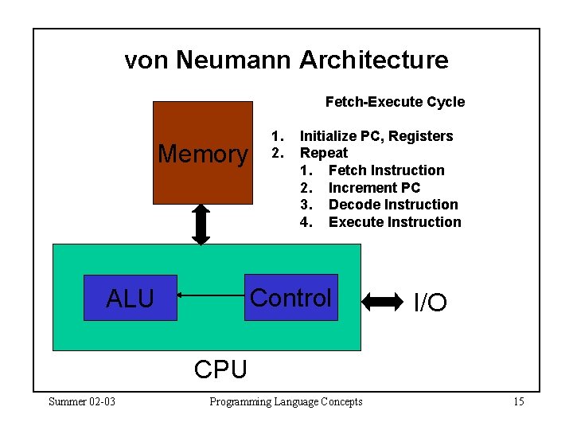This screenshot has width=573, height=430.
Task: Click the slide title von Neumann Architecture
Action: (286, 60)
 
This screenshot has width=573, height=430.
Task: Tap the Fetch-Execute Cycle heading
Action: (395, 102)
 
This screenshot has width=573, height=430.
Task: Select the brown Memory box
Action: (202, 151)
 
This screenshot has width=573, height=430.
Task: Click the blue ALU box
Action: (131, 298)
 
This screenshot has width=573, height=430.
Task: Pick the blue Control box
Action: (290, 298)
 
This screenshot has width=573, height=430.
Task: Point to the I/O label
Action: (430, 303)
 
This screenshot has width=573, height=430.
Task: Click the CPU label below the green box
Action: (220, 369)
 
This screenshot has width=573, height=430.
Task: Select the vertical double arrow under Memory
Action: (201, 224)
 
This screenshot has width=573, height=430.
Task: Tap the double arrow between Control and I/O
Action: (383, 301)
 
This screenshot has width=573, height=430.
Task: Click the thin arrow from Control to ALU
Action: (210, 295)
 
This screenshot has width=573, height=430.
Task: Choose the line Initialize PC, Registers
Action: (376, 136)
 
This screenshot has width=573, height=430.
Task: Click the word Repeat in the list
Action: (323, 153)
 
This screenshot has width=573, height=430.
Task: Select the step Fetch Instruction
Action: (386, 170)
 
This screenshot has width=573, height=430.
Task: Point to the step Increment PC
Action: (374, 188)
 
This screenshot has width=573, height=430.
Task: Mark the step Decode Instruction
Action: (392, 205)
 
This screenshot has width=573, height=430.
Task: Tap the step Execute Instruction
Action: (394, 222)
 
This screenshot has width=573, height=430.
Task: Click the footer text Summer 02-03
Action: (82, 401)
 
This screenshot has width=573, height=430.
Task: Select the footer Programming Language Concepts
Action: (286, 401)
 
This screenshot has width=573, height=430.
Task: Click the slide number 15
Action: (518, 401)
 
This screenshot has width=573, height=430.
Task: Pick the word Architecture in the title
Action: (373, 60)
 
